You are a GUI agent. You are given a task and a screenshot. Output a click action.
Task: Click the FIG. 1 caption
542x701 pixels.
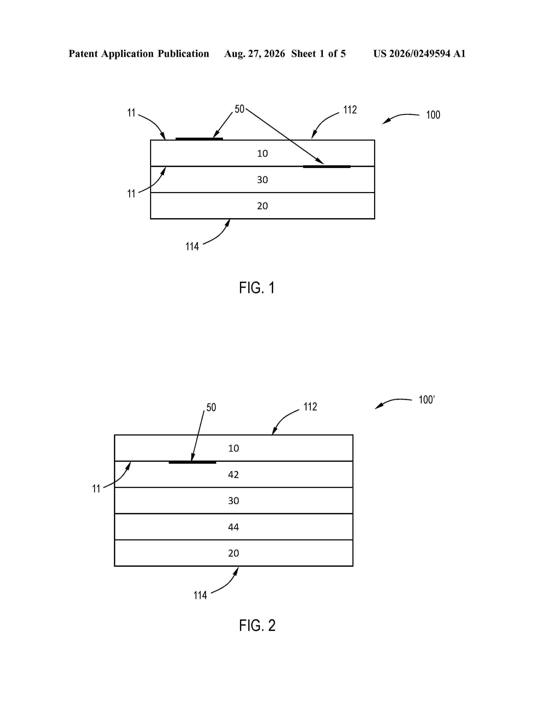[x=257, y=288]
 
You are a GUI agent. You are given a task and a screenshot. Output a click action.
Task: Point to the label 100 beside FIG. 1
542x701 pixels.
[x=433, y=115]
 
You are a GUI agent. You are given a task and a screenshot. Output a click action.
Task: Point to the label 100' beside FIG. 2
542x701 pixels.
[x=426, y=400]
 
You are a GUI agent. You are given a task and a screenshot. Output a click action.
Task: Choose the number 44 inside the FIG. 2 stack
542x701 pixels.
[x=233, y=527]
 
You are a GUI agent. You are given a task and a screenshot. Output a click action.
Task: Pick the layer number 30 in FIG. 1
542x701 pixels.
[x=262, y=180]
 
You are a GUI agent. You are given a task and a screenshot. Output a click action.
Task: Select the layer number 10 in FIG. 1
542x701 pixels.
[x=262, y=153]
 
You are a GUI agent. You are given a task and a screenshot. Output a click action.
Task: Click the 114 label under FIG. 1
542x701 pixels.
[x=192, y=246]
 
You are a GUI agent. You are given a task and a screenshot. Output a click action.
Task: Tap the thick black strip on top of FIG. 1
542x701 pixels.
[x=199, y=139]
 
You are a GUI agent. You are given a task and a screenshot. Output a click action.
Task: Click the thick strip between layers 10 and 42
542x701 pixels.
[x=192, y=462]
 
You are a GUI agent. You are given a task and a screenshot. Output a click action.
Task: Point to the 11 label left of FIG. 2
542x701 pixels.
[x=96, y=489]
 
